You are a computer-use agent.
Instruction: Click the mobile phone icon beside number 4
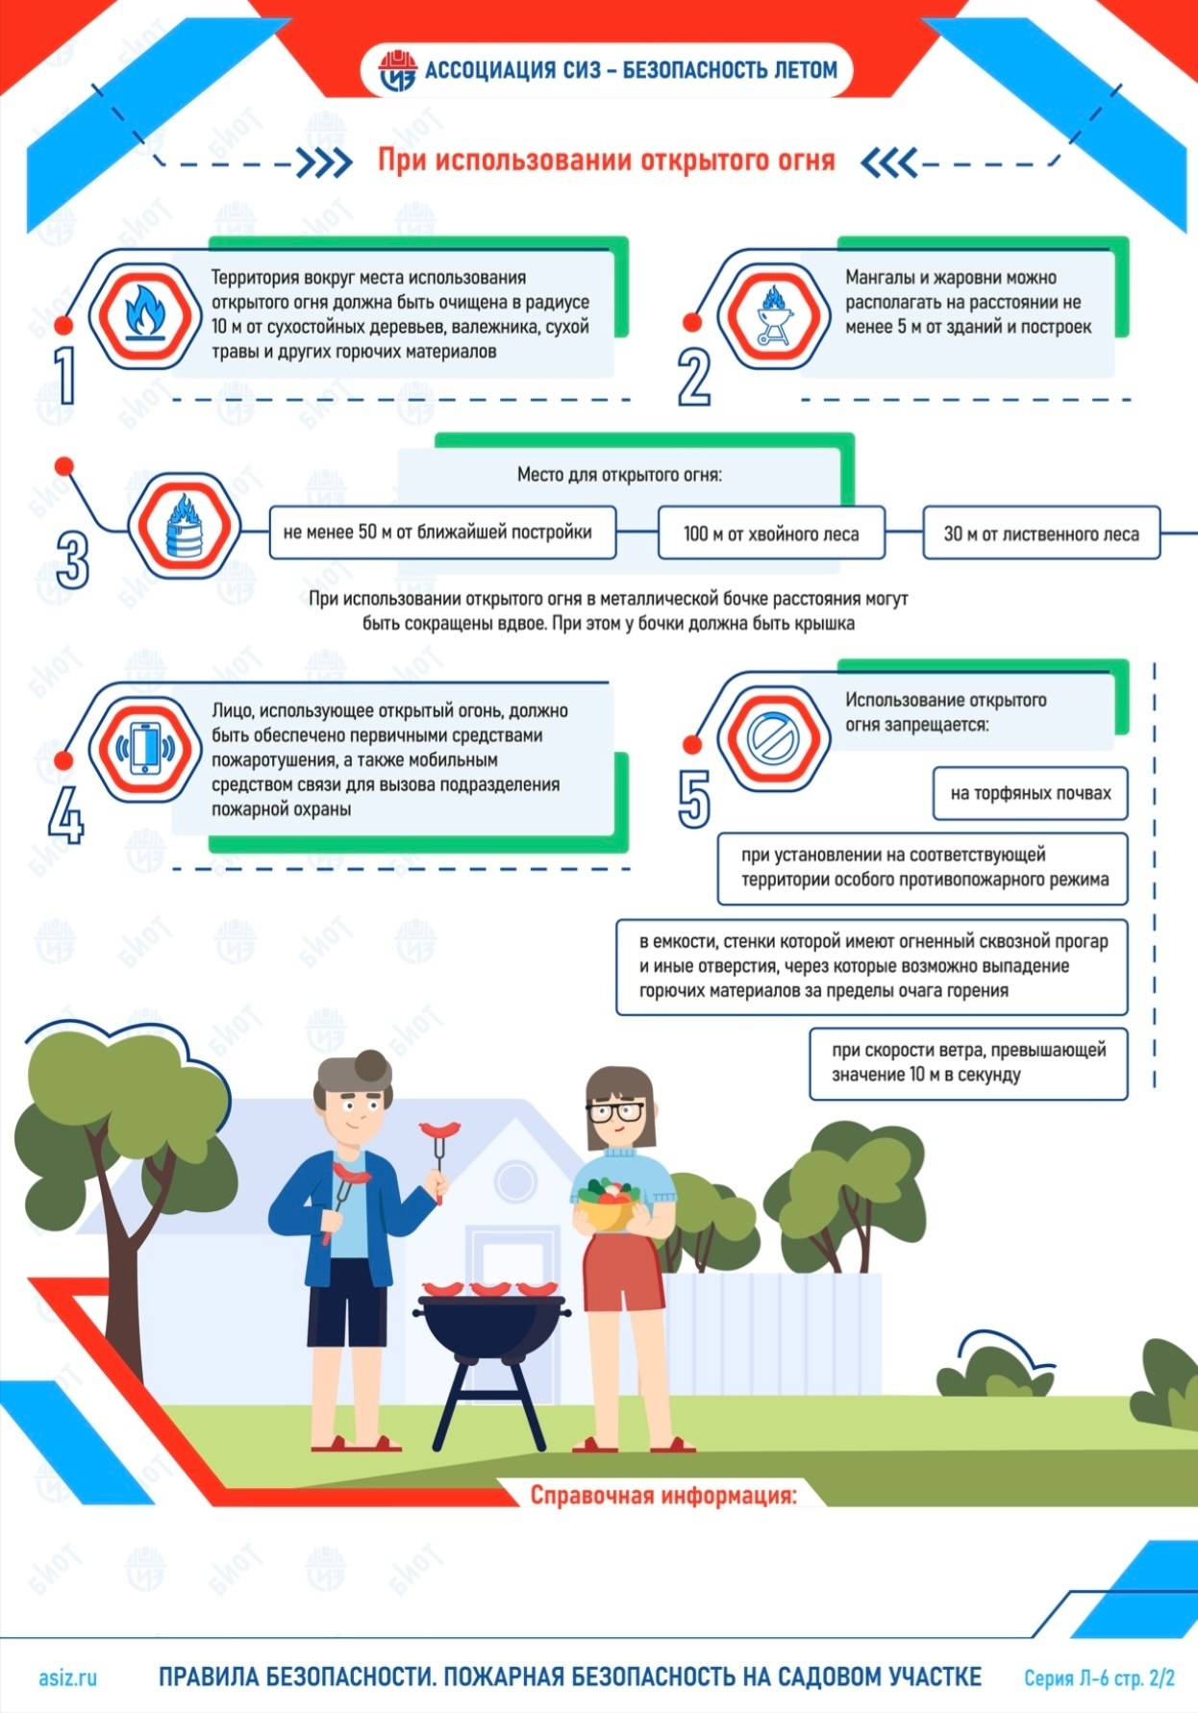point(145,748)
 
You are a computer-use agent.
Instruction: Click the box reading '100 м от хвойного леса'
point(771,534)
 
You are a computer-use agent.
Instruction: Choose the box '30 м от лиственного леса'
point(1040,534)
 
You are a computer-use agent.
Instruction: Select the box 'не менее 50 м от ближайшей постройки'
point(442,533)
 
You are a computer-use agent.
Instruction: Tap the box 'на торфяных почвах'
point(1030,793)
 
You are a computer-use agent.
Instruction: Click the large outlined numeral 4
point(66,815)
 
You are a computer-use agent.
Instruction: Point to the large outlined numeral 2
point(694,377)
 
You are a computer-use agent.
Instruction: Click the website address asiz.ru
point(67,1677)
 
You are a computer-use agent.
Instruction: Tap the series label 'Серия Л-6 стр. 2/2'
point(1099,1678)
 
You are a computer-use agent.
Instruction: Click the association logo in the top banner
point(397,70)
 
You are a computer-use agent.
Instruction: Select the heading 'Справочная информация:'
point(663,1496)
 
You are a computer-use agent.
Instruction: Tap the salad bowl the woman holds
point(607,1204)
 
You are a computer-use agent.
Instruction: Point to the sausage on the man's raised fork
point(439,1129)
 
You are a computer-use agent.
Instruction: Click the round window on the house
point(514,1179)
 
